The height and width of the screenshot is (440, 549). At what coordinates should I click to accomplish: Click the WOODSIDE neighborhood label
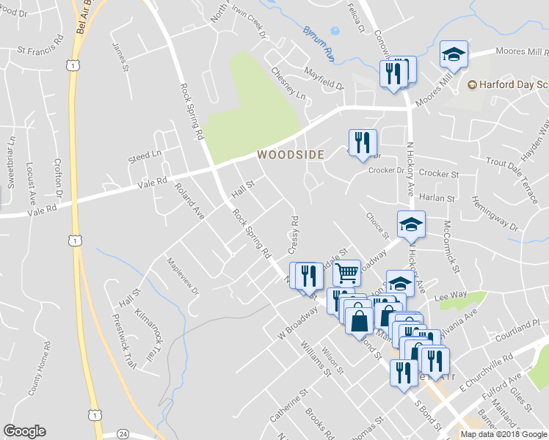[290, 155]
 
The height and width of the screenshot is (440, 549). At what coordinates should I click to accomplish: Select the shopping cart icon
[347, 273]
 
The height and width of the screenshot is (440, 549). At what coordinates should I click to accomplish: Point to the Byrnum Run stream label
[318, 44]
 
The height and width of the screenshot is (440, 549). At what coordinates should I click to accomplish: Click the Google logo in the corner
[24, 432]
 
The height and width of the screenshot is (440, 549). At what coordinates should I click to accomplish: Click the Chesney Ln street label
[288, 83]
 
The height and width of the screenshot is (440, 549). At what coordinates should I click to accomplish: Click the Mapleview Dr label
[183, 276]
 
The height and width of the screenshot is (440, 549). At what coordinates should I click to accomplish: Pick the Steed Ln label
[144, 155]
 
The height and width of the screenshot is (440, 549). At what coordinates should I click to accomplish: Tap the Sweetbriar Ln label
[11, 162]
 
